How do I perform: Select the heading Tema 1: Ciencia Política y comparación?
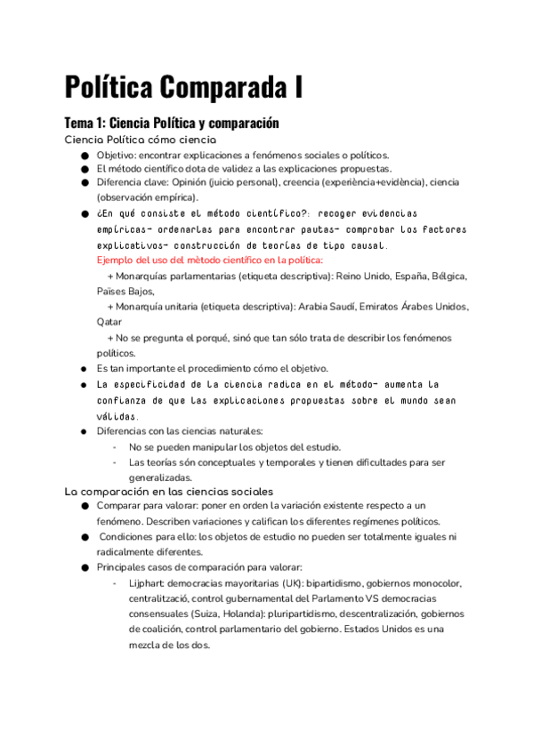(172, 123)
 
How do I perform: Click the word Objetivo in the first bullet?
(117, 155)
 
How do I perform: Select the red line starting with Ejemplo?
(209, 261)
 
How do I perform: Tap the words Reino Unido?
(362, 276)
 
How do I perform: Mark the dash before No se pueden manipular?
(115, 447)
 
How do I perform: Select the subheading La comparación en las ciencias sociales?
(169, 491)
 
